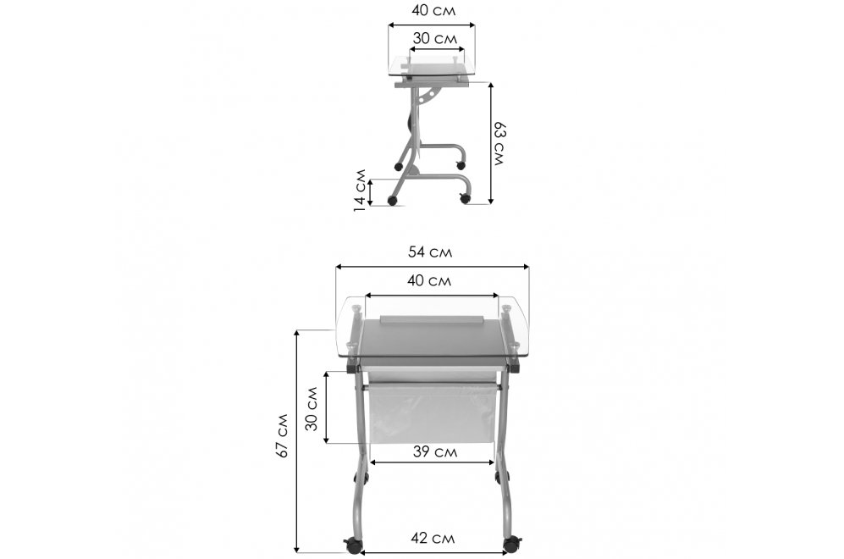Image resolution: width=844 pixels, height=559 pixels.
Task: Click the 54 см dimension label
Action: tap(430, 252)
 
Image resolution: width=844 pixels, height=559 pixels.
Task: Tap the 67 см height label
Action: tap(282, 435)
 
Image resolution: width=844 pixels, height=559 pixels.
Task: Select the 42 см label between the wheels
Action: tap(433, 538)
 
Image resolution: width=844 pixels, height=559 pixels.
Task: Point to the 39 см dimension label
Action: tap(435, 451)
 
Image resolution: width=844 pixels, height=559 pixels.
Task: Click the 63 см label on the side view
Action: tap(500, 144)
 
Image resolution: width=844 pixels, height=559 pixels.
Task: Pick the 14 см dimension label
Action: tap(360, 190)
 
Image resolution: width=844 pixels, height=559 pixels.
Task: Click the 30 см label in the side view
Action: tap(435, 38)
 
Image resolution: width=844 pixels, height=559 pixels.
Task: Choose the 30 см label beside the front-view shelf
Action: tap(312, 408)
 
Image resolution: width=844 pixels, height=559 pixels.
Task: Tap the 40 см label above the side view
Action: tap(433, 10)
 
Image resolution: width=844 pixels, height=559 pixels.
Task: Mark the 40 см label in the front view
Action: tap(429, 280)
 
